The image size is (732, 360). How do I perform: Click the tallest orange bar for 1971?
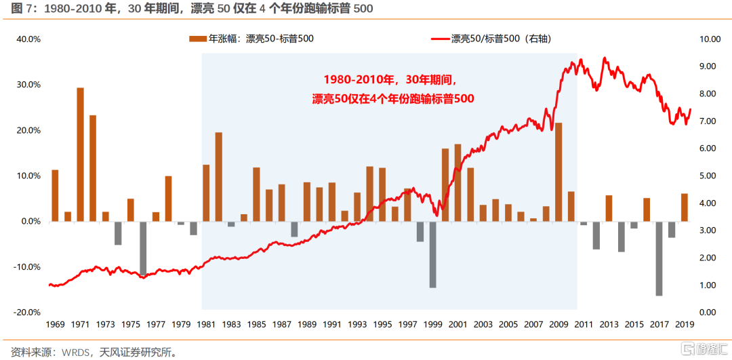click(x=80, y=155)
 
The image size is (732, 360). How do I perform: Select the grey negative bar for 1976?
click(x=144, y=248)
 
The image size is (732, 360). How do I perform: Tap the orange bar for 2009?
click(x=558, y=172)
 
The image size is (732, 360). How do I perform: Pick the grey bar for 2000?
click(x=432, y=254)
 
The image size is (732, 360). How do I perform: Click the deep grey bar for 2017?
click(x=659, y=258)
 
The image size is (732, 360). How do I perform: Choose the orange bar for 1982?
click(x=219, y=177)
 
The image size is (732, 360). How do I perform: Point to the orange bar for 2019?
click(x=685, y=207)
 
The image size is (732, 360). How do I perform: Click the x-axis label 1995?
click(x=383, y=324)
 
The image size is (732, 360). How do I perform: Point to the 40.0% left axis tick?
click(x=28, y=39)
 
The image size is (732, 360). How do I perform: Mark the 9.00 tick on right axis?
click(x=708, y=66)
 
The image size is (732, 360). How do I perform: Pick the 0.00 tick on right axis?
click(x=708, y=312)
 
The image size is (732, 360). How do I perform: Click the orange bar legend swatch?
click(x=197, y=39)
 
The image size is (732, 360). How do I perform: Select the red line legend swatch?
click(x=439, y=39)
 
